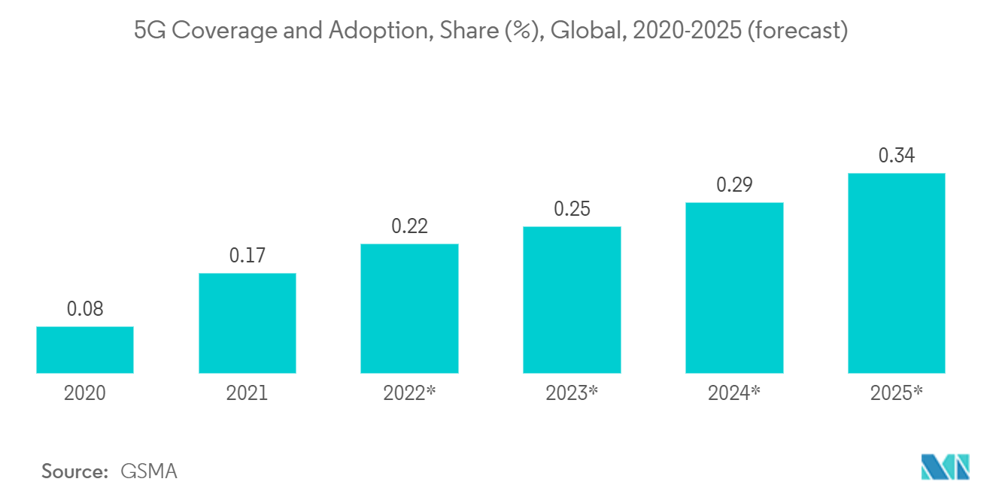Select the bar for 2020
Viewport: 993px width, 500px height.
click(x=85, y=350)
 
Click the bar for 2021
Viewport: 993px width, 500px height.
click(x=247, y=323)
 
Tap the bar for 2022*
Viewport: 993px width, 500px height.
click(x=409, y=308)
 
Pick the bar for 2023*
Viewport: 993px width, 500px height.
click(x=572, y=299)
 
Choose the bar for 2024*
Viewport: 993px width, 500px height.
click(x=734, y=287)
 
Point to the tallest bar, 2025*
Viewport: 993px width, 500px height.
click(x=896, y=273)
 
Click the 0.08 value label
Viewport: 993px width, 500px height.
click(x=85, y=309)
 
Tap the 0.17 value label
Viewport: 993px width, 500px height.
click(x=247, y=256)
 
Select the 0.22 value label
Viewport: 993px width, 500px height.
click(x=409, y=226)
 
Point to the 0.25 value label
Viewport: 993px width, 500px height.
click(x=572, y=209)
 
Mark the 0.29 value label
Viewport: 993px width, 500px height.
click(x=734, y=185)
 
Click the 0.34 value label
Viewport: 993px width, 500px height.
click(x=896, y=156)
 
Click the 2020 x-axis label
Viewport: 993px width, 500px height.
click(x=85, y=393)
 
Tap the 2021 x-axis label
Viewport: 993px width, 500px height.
click(x=247, y=393)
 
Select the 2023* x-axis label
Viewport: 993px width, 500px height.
click(x=572, y=393)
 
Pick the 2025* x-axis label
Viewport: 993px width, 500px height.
click(x=896, y=393)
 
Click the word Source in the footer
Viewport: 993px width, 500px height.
click(x=74, y=471)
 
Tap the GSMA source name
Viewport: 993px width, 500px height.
click(x=149, y=471)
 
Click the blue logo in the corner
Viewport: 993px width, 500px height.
click(x=946, y=467)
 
